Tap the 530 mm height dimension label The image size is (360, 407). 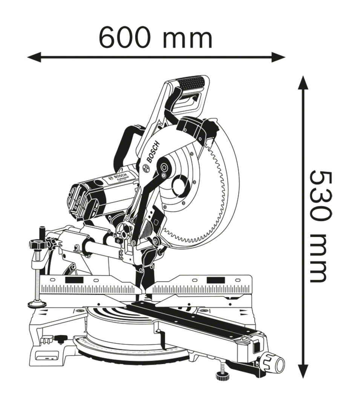(x=321, y=226)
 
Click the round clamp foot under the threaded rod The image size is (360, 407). (x=38, y=303)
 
